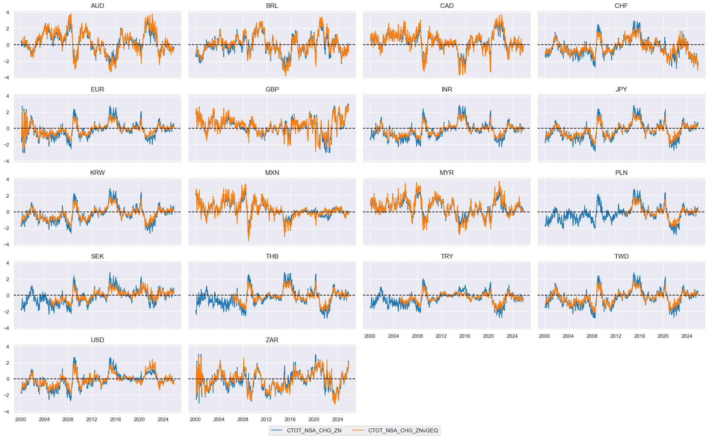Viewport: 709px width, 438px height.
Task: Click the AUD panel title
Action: point(97,6)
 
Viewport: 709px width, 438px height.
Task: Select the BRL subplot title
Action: point(272,6)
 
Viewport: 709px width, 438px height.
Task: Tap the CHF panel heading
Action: point(621,6)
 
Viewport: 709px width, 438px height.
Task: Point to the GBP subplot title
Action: point(272,90)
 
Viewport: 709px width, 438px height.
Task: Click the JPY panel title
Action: point(621,90)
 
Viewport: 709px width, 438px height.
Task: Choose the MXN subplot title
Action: point(272,173)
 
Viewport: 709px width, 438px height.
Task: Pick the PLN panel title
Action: point(621,173)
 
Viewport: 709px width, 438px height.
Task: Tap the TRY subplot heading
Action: point(446,257)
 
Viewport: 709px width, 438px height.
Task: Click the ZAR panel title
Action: point(272,340)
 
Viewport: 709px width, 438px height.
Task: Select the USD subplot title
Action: point(97,340)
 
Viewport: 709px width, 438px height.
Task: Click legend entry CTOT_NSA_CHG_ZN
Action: point(314,430)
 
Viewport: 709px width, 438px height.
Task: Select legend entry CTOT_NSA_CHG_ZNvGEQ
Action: point(403,430)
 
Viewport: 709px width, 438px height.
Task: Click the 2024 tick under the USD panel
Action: point(163,419)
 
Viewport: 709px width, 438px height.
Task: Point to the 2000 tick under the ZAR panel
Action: point(195,419)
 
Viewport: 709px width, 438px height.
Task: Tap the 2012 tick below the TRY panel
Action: point(441,336)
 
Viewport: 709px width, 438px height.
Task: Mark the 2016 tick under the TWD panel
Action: point(639,336)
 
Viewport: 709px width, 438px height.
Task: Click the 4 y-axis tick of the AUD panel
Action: point(7,13)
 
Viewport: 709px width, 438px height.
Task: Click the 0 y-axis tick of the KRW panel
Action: point(7,212)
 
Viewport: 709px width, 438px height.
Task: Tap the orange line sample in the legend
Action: point(358,430)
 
